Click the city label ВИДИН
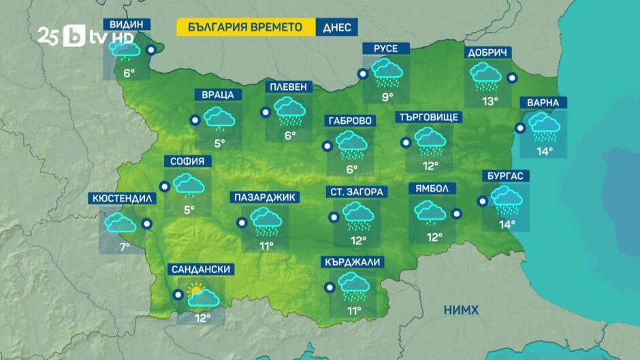[x=127, y=24]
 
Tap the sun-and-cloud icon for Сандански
[x=203, y=295]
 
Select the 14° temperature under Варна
[x=544, y=151]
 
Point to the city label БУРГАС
[x=505, y=176]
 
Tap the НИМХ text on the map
[x=461, y=310]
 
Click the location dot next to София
[x=164, y=186]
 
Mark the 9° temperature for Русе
[x=387, y=97]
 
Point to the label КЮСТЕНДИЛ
[x=123, y=199]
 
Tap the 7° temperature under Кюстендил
[x=125, y=246]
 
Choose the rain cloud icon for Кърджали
[x=353, y=287]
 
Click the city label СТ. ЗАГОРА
[x=356, y=192]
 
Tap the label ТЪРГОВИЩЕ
[x=429, y=117]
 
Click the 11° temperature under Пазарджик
[x=266, y=245]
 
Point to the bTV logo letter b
[x=73, y=37]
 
